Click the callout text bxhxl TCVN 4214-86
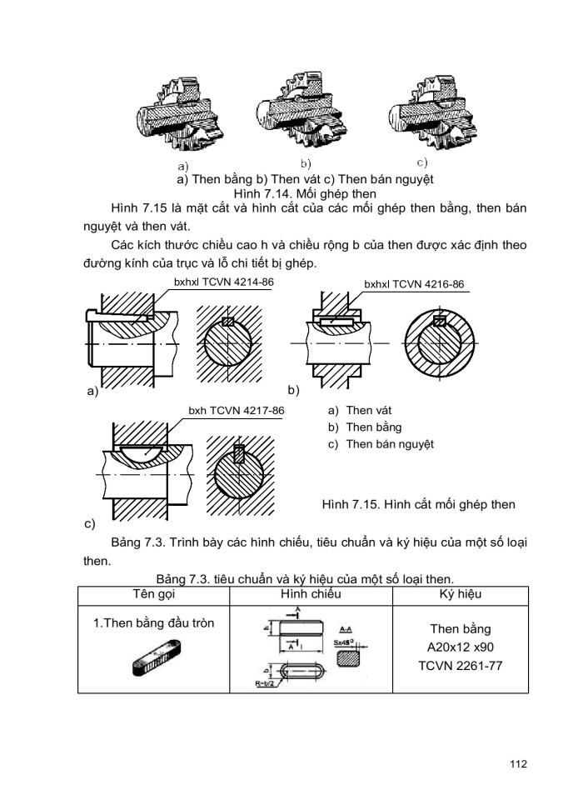pyautogui.click(x=224, y=282)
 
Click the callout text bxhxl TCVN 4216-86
pyautogui.click(x=413, y=284)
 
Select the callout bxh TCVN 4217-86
pyautogui.click(x=237, y=411)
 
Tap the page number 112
pyautogui.click(x=516, y=762)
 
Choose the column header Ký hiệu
pyautogui.click(x=460, y=594)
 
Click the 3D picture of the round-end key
pyautogui.click(x=157, y=659)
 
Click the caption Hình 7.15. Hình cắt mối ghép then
pyautogui.click(x=417, y=504)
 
